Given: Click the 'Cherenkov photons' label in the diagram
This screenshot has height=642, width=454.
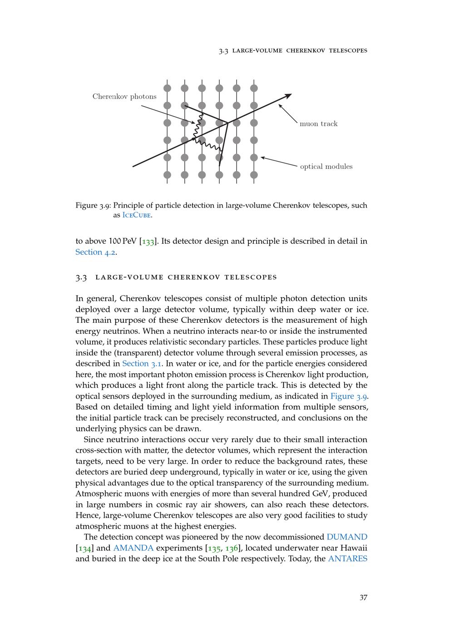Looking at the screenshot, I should [124, 96].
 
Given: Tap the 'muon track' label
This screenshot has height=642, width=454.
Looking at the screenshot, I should [318, 124].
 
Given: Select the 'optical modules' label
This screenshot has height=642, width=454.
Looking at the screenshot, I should [326, 167].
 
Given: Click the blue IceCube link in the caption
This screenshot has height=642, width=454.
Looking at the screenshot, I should [137, 216].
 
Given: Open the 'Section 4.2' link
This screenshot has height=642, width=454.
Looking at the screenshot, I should [95, 252].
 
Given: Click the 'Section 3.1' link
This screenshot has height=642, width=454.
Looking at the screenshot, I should [142, 364].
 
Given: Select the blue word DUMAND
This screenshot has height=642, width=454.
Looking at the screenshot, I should [347, 537].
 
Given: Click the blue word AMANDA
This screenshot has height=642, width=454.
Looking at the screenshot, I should [133, 548].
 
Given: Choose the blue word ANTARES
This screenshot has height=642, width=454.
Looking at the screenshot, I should [347, 559].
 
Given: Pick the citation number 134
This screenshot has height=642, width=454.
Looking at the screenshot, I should [84, 548].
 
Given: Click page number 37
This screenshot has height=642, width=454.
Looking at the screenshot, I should [363, 598].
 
